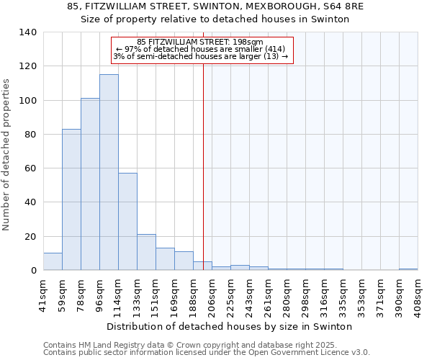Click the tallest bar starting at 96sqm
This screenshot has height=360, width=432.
click(109, 173)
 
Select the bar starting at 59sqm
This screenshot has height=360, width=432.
click(71, 199)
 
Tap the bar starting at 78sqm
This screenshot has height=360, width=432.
click(90, 184)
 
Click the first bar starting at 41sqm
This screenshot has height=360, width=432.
click(53, 262)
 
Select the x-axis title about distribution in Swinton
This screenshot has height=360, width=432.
click(234, 326)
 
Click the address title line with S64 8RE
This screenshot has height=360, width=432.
click(215, 6)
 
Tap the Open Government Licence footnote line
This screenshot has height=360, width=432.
click(207, 353)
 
